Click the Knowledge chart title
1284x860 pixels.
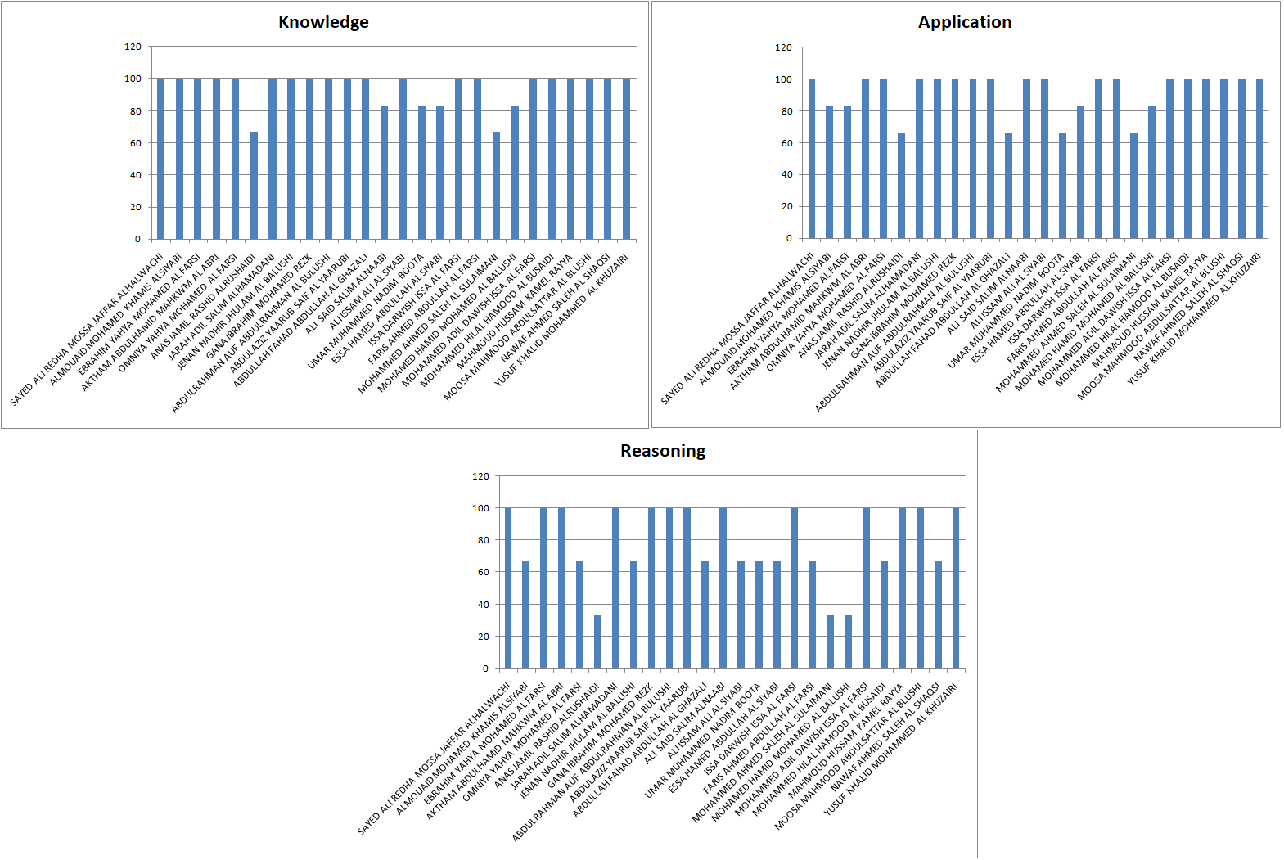coord(323,22)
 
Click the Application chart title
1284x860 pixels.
coord(964,22)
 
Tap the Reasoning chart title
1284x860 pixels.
coord(662,451)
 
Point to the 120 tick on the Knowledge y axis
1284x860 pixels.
coord(133,47)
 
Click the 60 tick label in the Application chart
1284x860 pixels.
coord(786,143)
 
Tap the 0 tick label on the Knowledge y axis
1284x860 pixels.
coord(137,239)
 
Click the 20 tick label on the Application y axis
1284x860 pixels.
coord(786,206)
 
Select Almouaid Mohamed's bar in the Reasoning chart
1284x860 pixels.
coord(525,615)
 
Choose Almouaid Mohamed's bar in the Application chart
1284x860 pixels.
coord(829,172)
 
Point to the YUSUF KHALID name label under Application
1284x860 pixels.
coord(1194,319)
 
